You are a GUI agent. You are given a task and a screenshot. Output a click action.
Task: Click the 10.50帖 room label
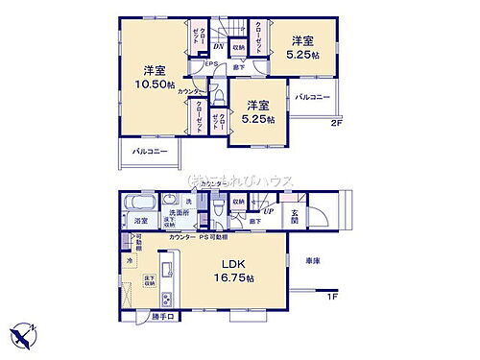(x=152, y=78)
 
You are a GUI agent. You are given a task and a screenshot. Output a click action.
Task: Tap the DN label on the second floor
(x=218, y=46)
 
